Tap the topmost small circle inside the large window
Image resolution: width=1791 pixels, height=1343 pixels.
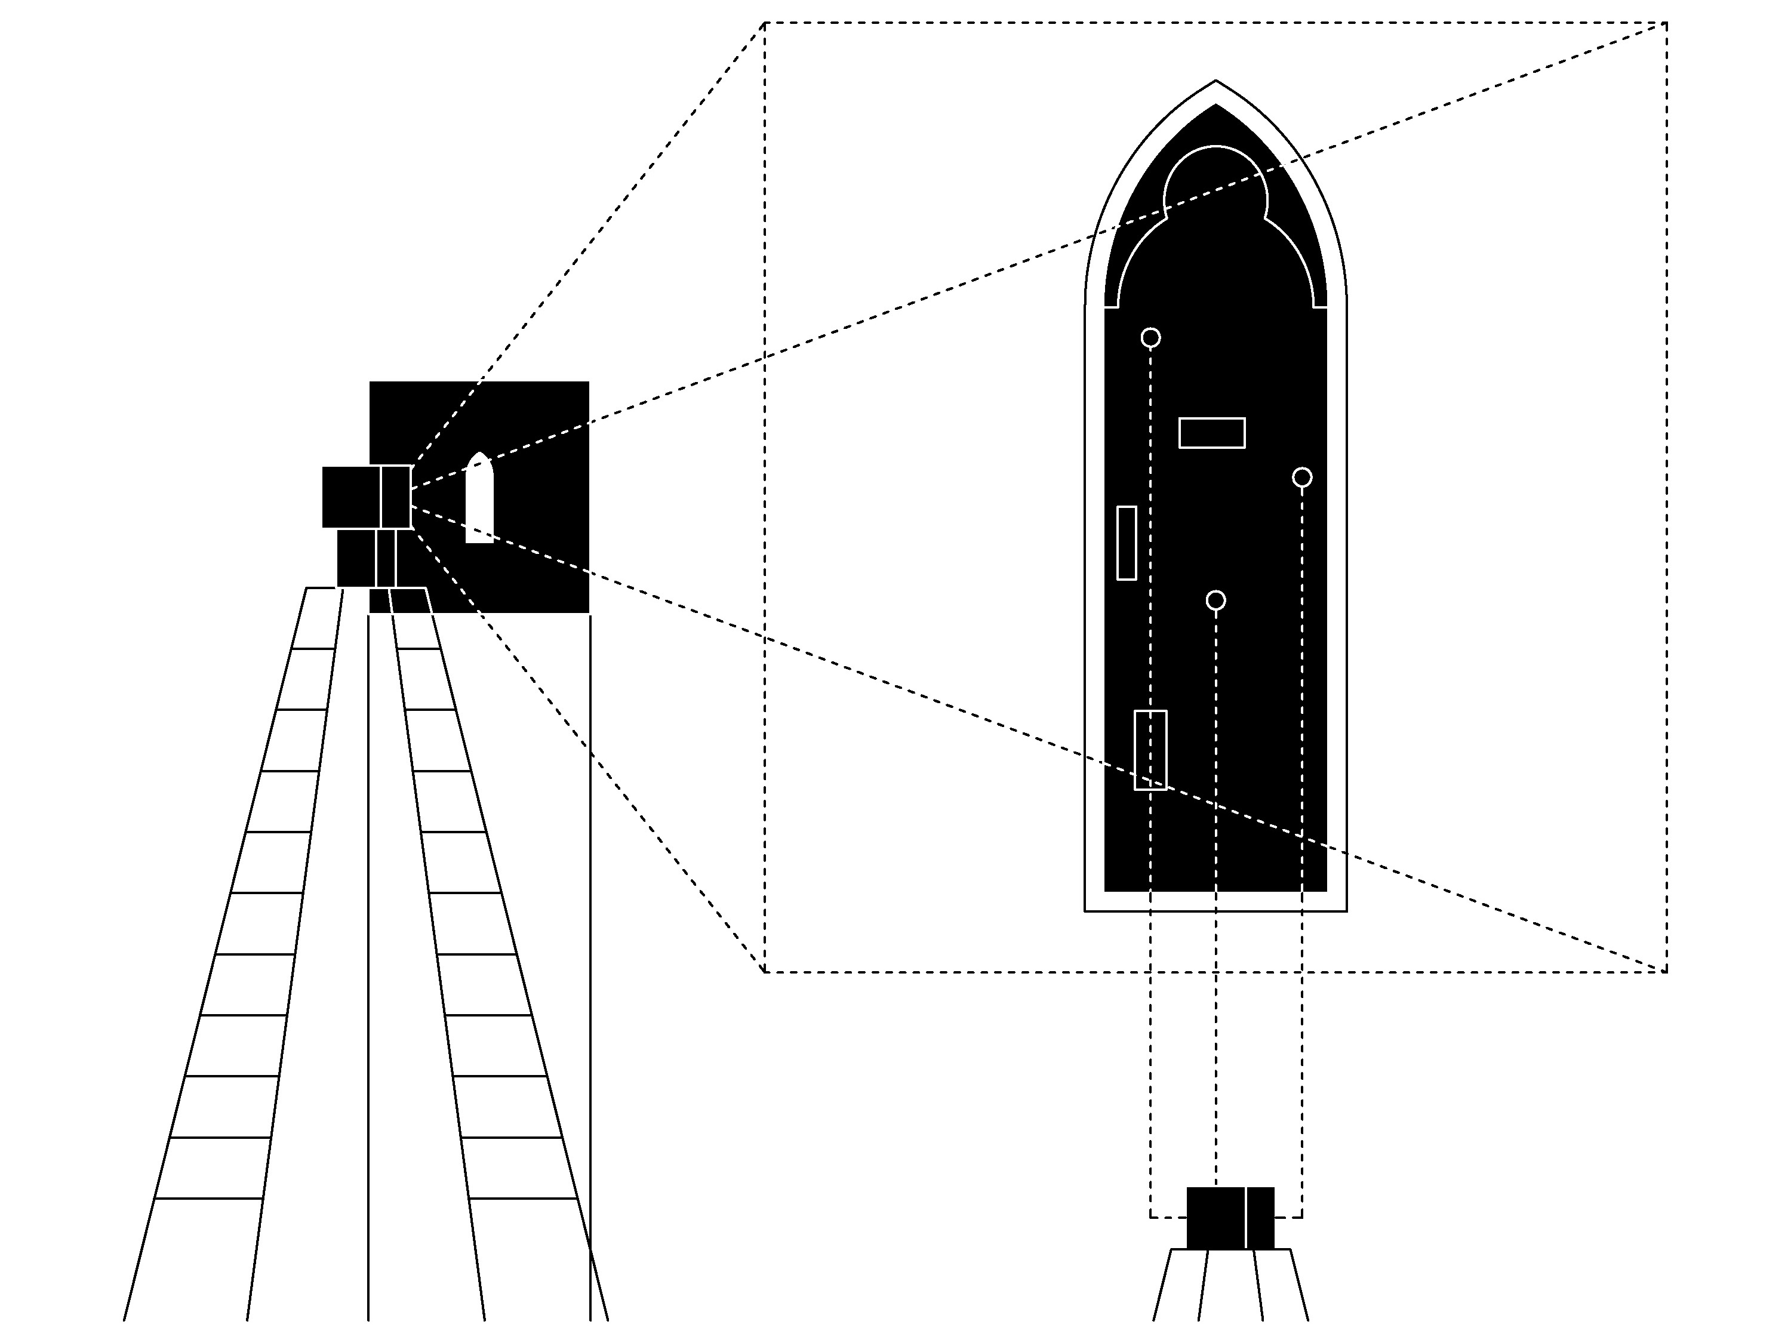coord(1150,338)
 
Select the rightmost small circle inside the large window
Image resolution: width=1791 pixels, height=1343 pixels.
coord(1302,478)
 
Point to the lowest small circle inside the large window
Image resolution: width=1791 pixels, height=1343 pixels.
coord(1215,600)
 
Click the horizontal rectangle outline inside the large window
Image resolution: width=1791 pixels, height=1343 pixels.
coord(1211,433)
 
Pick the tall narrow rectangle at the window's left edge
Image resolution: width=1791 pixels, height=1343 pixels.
coord(1127,543)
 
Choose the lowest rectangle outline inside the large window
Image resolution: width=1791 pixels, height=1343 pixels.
coord(1150,750)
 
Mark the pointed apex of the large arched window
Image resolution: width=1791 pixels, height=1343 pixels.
coord(1215,82)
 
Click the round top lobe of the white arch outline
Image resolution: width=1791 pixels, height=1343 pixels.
coord(1215,174)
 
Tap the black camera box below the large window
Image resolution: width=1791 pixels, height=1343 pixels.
coord(1230,1218)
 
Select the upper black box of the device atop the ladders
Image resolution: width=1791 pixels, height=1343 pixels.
coord(366,497)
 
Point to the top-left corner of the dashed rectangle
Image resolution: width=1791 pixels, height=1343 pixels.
coord(764,23)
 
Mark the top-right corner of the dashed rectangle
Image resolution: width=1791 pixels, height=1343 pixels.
coord(1666,23)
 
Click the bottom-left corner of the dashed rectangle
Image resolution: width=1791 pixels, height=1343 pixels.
coord(764,972)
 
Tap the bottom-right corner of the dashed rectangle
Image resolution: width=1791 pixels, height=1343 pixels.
coord(1666,972)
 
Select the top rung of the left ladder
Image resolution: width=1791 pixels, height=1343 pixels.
coord(313,648)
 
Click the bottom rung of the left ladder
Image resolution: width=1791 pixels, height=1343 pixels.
coord(209,1198)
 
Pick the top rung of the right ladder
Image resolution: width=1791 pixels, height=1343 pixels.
coord(417,648)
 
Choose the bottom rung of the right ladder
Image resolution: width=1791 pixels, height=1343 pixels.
coord(522,1198)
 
